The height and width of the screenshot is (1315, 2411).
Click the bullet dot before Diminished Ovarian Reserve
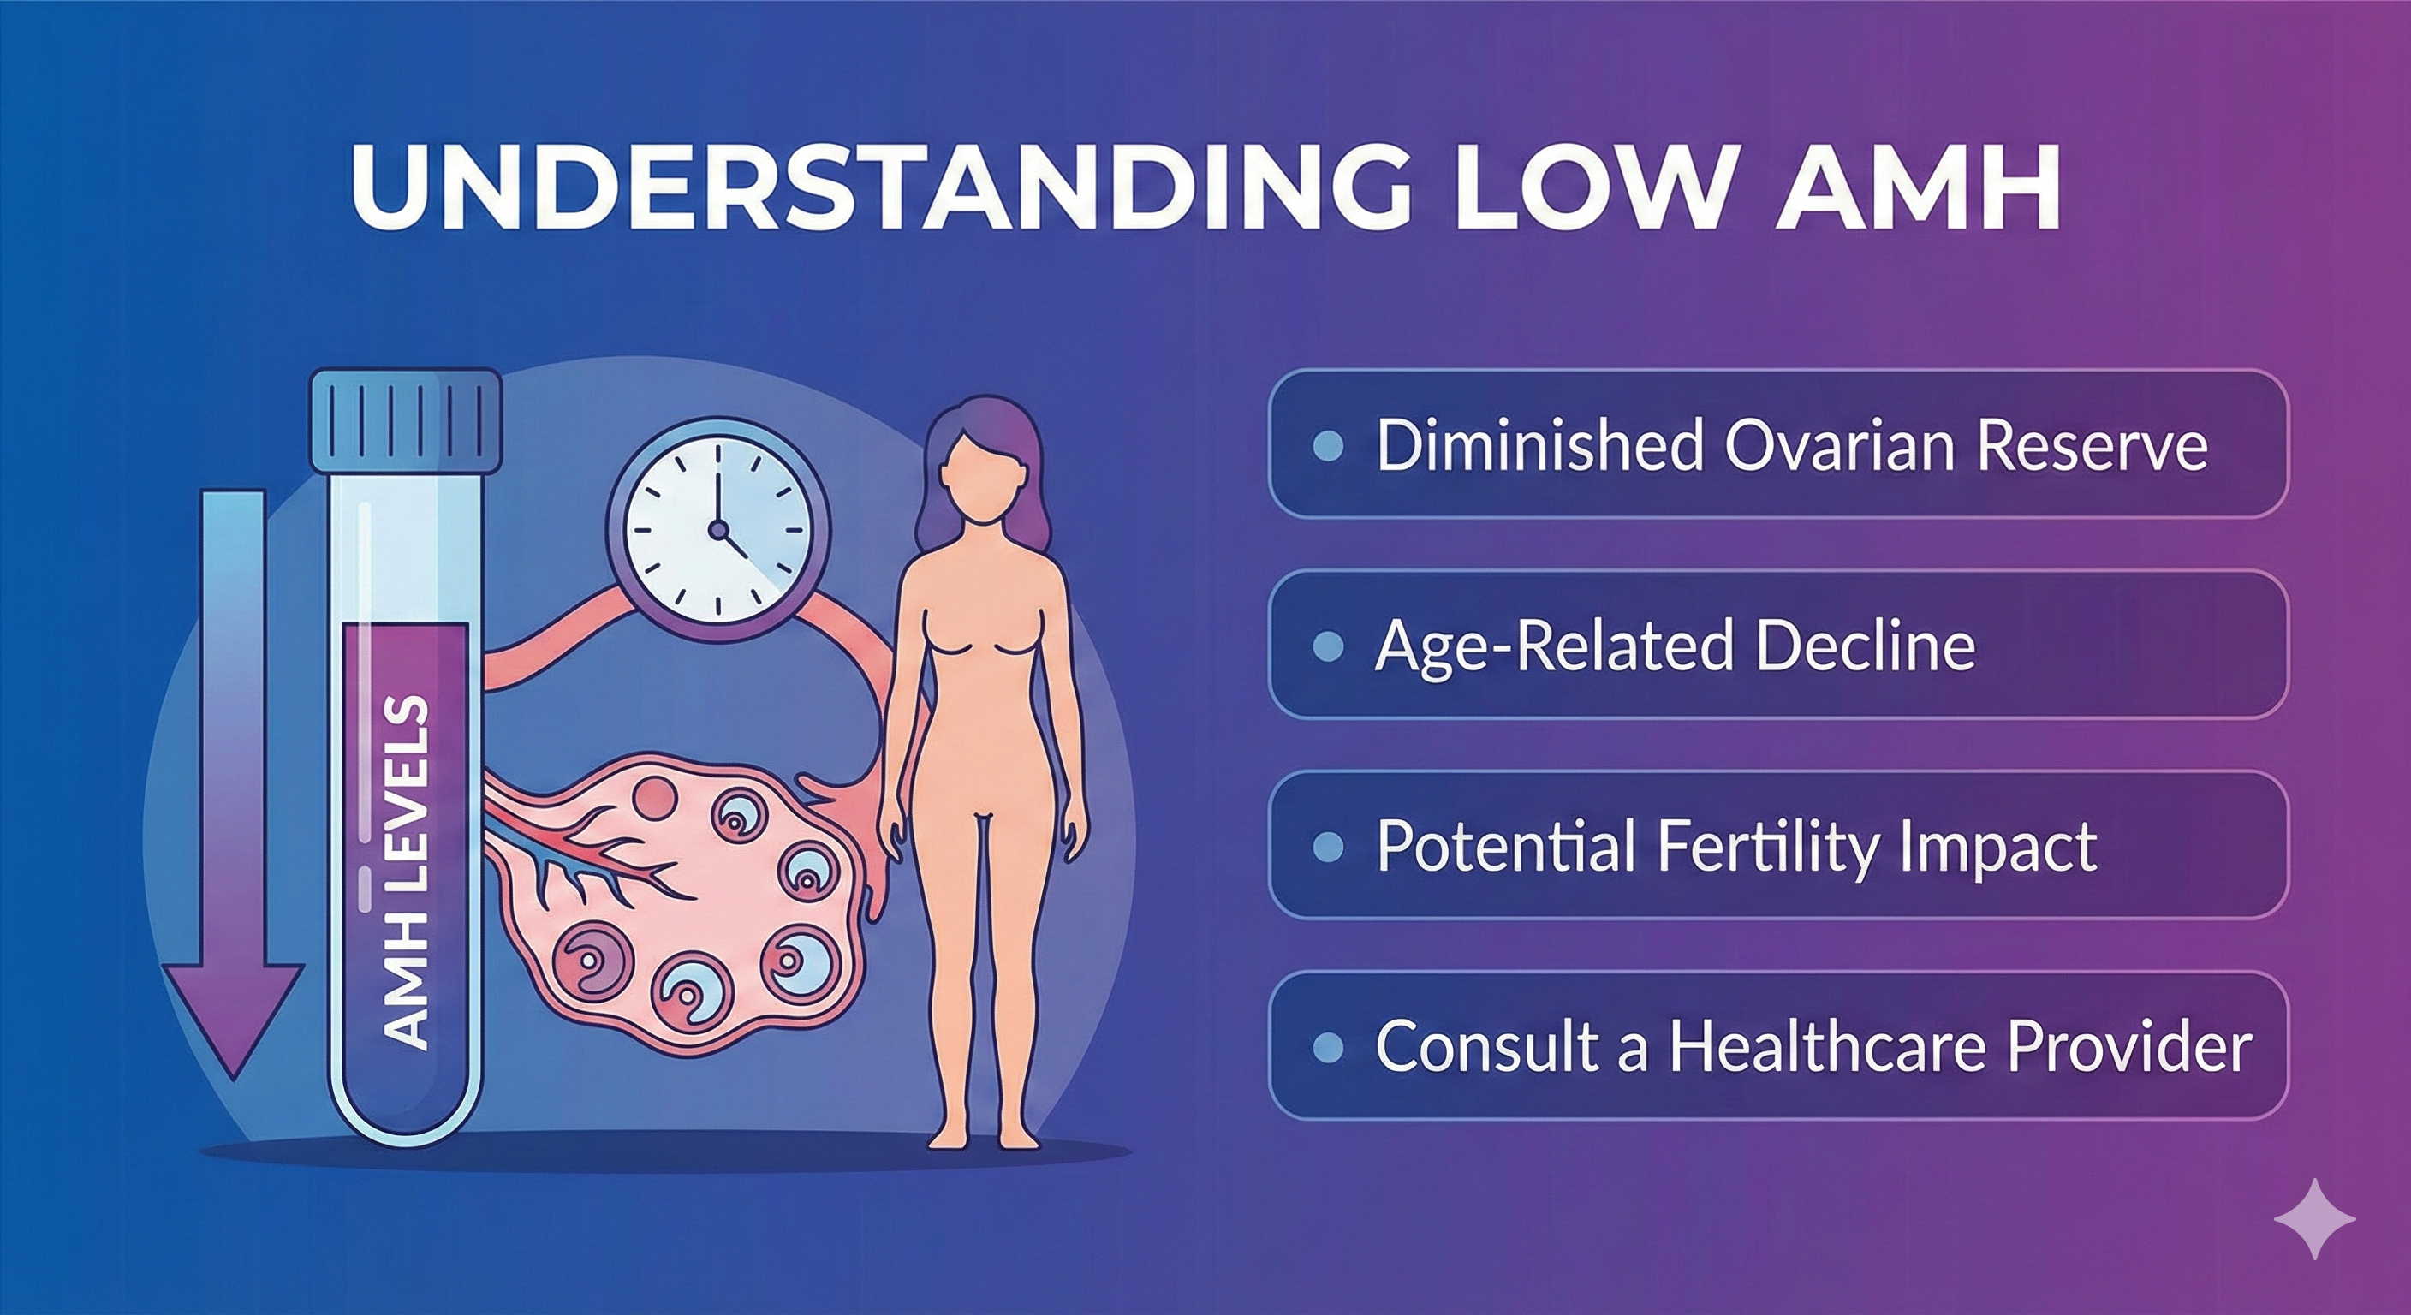click(1327, 445)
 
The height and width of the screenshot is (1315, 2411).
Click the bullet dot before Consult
click(1327, 1046)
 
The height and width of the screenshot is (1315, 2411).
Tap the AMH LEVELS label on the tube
click(408, 871)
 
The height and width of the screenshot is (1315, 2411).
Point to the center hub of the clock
click(717, 531)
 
